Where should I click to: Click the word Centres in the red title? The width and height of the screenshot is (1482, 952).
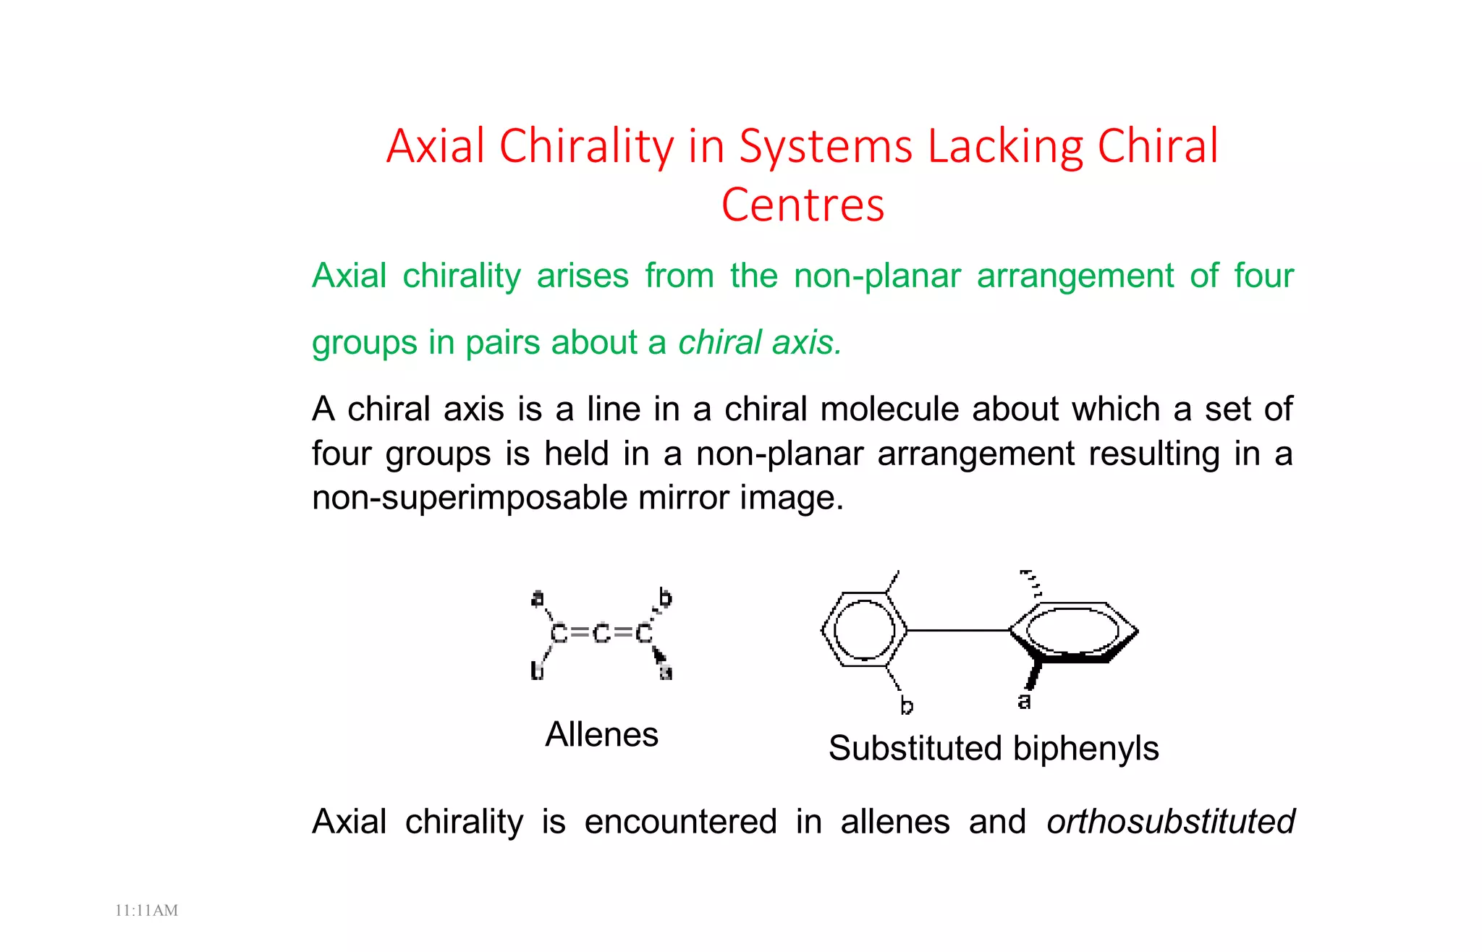click(803, 205)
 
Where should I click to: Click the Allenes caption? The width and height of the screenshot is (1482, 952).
click(601, 735)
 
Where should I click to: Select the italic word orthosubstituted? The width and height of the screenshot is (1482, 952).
click(1170, 823)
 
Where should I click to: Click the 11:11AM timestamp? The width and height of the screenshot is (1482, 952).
click(146, 911)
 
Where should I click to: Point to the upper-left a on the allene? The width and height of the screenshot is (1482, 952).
click(538, 599)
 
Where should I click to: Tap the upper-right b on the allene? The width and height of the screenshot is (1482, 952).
click(665, 598)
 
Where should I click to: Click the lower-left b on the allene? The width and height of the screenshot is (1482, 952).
click(537, 671)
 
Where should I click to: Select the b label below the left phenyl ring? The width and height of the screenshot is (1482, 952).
click(907, 705)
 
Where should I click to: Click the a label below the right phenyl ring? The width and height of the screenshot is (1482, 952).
click(1024, 701)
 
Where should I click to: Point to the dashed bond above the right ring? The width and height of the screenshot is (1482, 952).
click(1031, 582)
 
